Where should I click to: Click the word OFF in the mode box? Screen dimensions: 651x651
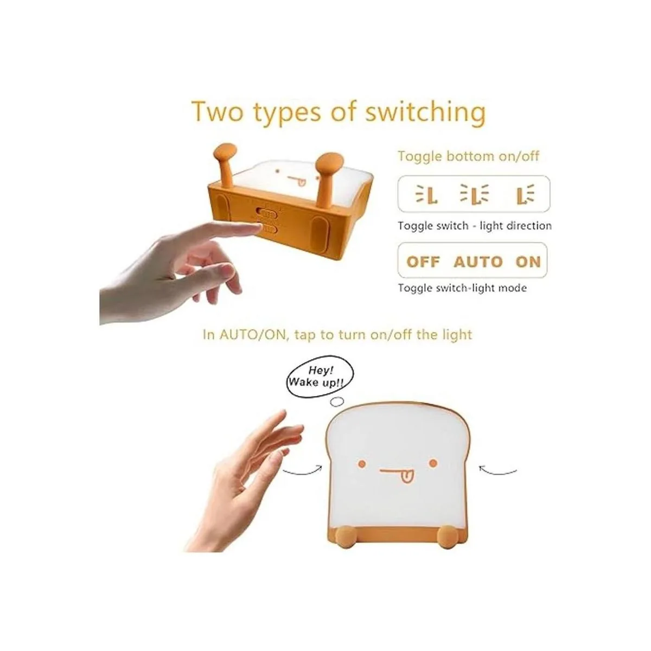click(x=423, y=262)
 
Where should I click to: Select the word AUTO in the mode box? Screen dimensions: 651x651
click(x=478, y=262)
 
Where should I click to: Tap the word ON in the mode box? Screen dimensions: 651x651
click(x=528, y=262)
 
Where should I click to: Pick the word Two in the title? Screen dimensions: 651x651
click(x=217, y=111)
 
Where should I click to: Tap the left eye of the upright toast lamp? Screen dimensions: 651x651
click(x=362, y=464)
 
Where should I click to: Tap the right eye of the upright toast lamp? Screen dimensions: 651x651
click(x=433, y=463)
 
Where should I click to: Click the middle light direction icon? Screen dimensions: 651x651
click(x=474, y=194)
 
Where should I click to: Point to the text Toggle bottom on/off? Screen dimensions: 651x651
click(x=468, y=156)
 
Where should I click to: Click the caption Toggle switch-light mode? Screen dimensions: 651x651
click(x=462, y=288)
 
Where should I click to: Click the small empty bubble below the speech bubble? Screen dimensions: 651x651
click(x=337, y=401)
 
